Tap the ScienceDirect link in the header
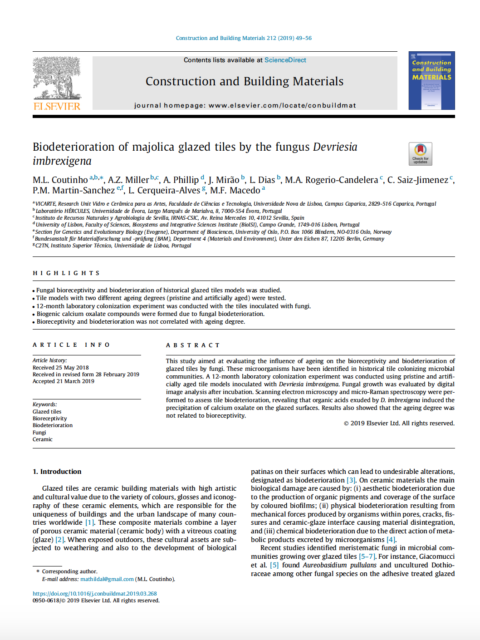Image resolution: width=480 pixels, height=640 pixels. tap(285, 60)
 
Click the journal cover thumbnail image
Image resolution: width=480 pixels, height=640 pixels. tap(431, 81)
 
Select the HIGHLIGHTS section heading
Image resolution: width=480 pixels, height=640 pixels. tap(66, 273)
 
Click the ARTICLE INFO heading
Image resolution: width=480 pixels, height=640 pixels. tap(71, 345)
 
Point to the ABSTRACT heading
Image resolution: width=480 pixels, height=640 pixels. tap(193, 345)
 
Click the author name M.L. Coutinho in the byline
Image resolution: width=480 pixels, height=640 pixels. tap(60, 180)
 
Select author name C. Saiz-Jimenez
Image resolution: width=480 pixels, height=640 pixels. tap(417, 180)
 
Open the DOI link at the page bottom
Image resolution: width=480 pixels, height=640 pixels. tap(95, 594)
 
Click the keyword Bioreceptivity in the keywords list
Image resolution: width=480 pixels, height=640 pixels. tap(50, 418)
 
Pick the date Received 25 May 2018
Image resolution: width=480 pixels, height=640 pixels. tap(61, 368)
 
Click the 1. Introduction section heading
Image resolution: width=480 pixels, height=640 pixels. tap(57, 472)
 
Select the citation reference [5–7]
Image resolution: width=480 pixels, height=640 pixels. tap(367, 556)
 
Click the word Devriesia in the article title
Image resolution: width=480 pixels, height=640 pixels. tap(335, 147)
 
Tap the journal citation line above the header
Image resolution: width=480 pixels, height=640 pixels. tap(244, 38)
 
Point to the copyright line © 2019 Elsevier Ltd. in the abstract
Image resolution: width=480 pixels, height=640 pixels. tap(399, 423)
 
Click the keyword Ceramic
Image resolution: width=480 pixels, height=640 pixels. tap(43, 439)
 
